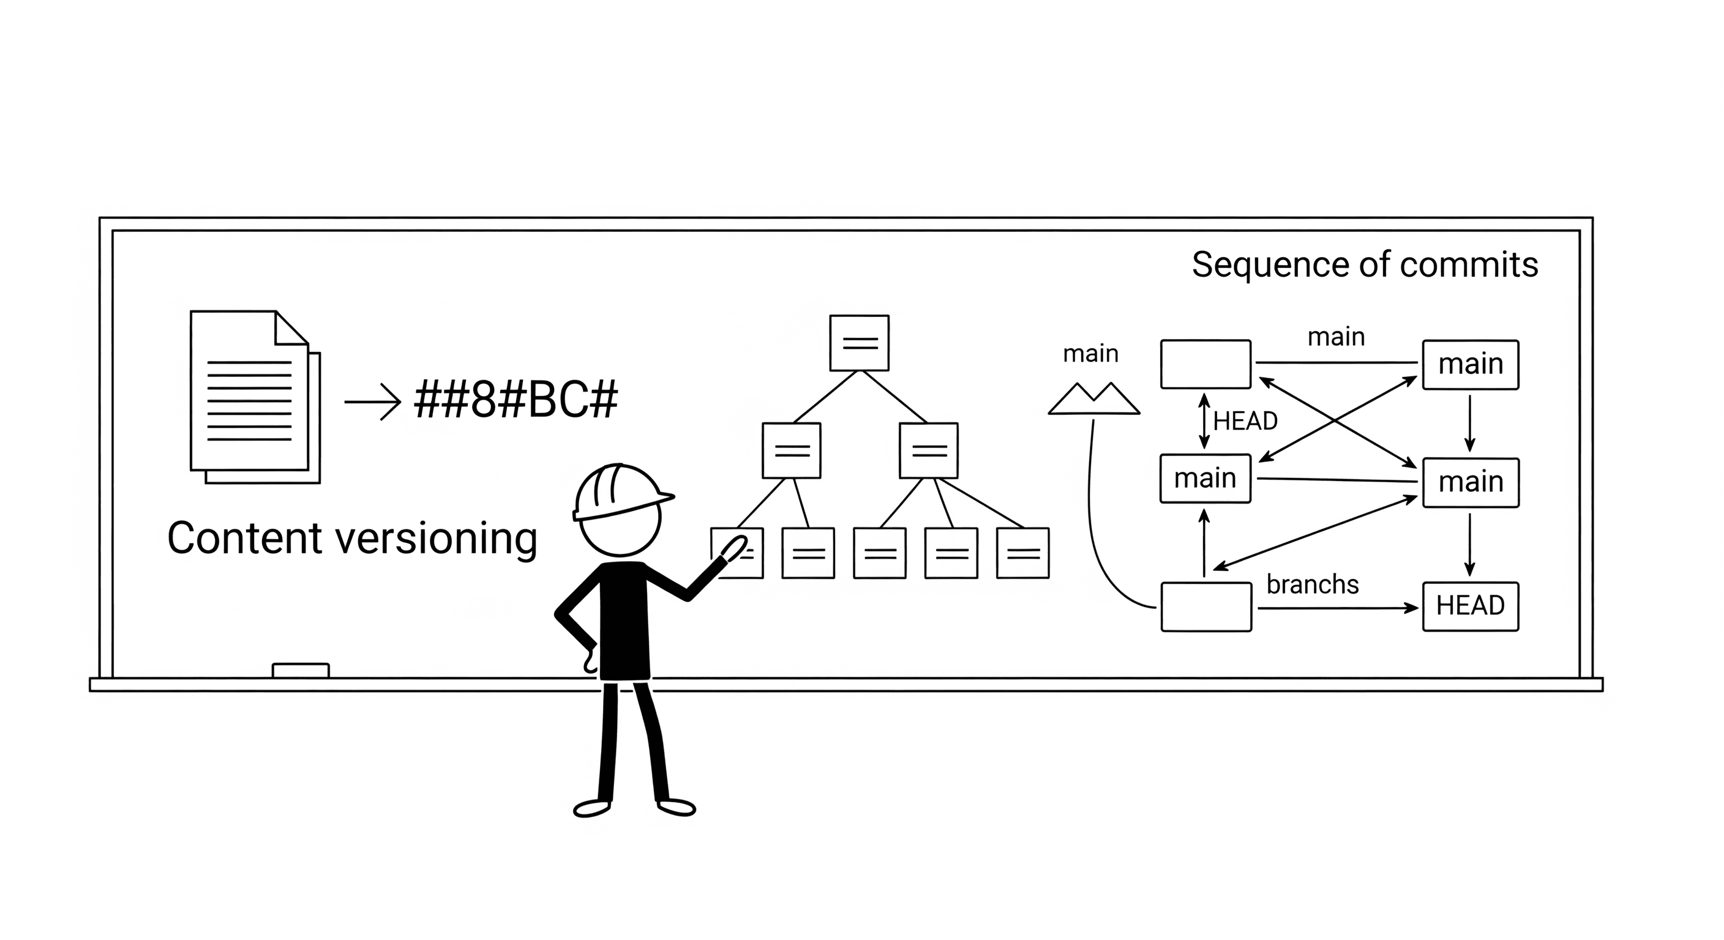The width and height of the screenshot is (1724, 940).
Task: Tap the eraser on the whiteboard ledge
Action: coord(301,670)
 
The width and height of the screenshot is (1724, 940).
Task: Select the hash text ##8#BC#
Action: coord(516,400)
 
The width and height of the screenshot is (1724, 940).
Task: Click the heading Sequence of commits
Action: coord(1365,264)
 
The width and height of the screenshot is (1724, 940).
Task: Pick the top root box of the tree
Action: coord(860,343)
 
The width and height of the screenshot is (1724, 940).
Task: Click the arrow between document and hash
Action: coord(372,401)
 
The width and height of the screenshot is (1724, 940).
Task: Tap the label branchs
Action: coord(1313,584)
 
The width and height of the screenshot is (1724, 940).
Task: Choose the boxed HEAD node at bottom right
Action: coord(1471,606)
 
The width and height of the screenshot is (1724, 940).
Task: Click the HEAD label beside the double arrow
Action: coord(1245,421)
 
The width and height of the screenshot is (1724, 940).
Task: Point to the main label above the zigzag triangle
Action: coord(1090,353)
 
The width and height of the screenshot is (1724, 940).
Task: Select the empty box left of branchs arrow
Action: coord(1206,607)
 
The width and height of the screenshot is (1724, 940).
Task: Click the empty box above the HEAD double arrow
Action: coord(1205,364)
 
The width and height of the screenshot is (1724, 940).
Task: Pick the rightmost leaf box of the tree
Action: coord(1022,553)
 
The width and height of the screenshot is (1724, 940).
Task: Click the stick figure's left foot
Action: coord(591,808)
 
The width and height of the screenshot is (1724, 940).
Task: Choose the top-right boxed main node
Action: coord(1471,365)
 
